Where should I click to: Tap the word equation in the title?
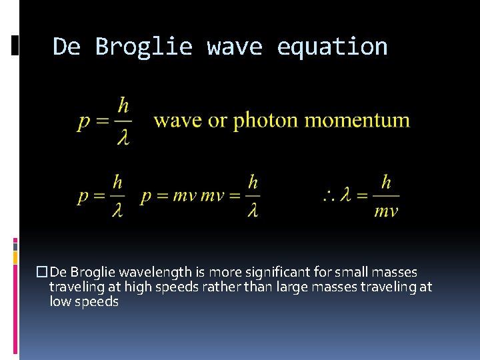pyautogui.click(x=332, y=47)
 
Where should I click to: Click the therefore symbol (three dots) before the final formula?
pyautogui.click(x=330, y=196)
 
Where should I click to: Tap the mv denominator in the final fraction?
pyautogui.click(x=386, y=212)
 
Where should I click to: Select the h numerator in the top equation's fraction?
pyautogui.click(x=123, y=105)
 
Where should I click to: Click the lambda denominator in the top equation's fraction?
pyautogui.click(x=123, y=137)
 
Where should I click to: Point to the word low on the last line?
pyautogui.click(x=59, y=302)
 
